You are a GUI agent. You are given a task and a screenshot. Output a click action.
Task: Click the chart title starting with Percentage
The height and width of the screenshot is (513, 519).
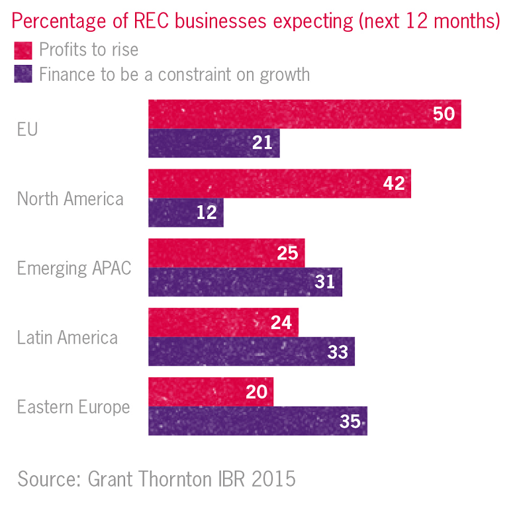tap(256, 21)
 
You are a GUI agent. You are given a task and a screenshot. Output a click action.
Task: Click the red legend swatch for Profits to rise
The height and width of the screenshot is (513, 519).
tap(23, 50)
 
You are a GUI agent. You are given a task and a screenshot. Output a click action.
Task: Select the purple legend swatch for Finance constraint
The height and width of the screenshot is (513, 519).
tap(23, 73)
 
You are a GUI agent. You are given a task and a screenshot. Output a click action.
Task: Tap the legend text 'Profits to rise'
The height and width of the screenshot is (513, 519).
tap(89, 50)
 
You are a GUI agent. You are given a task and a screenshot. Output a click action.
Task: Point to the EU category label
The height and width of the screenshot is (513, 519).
tap(27, 128)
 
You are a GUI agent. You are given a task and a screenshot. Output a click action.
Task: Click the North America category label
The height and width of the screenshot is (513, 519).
tap(70, 199)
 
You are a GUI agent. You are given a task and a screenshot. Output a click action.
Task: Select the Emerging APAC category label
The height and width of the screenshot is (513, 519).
tap(74, 268)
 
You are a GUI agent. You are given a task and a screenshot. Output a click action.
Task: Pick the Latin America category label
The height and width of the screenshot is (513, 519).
tap(68, 338)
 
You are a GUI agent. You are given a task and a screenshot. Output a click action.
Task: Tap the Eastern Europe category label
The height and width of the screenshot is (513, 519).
tap(73, 407)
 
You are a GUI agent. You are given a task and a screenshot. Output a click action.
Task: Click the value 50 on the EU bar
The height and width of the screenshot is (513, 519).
tap(444, 114)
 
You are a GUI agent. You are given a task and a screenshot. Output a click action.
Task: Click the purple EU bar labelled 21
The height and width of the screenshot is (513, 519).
tap(214, 143)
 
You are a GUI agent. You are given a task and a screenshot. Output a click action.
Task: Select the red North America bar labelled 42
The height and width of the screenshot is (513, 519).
tap(279, 183)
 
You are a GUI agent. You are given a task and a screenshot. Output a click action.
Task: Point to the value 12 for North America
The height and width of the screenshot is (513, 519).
tap(207, 213)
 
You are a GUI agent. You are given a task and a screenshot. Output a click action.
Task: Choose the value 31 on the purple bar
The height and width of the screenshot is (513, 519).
tap(324, 283)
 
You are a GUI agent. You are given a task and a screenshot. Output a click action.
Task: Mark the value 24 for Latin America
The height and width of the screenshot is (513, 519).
tap(281, 322)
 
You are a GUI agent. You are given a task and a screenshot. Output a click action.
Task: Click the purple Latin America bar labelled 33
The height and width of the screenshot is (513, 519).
tap(252, 351)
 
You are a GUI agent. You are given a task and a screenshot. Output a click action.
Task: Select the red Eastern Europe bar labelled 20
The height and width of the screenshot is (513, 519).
tap(211, 392)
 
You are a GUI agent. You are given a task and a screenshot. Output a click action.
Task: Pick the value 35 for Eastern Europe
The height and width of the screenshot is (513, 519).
tap(350, 422)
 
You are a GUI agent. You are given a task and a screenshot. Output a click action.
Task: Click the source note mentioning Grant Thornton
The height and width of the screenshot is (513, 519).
tap(156, 479)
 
